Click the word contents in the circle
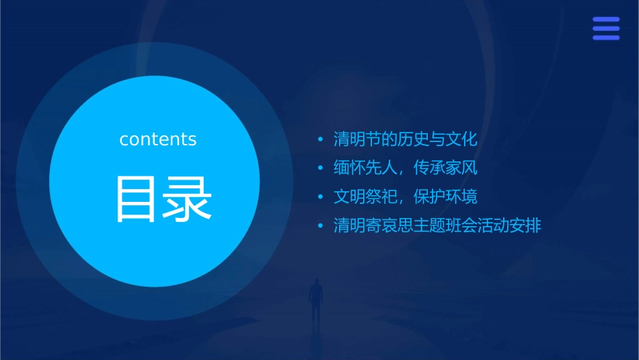click(x=158, y=139)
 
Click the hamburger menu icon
click(x=606, y=29)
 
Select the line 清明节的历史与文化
click(x=405, y=139)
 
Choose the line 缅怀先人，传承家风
click(x=405, y=168)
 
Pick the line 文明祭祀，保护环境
click(x=405, y=196)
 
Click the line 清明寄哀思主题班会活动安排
click(x=437, y=225)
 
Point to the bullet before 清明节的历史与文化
click(x=320, y=140)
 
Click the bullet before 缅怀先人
click(x=320, y=168)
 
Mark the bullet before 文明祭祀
click(x=320, y=197)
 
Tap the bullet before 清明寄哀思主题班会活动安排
click(x=320, y=225)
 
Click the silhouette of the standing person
click(x=315, y=300)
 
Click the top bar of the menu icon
click(x=606, y=20)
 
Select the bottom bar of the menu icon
click(x=606, y=38)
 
